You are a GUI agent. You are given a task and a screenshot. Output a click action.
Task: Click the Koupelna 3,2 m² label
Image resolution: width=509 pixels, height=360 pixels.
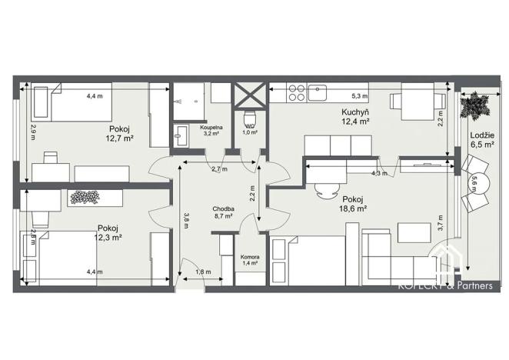pyautogui.click(x=211, y=129)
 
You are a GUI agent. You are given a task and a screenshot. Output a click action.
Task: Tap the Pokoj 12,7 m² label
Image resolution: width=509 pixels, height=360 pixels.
pyautogui.click(x=120, y=134)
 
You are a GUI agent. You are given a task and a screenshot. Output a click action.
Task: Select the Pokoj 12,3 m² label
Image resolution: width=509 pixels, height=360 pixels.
pyautogui.click(x=108, y=232)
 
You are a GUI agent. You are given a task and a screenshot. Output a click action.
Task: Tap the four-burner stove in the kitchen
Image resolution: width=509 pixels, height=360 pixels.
pyautogui.click(x=297, y=94)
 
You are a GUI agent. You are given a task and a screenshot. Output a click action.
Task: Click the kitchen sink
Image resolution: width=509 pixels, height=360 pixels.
pyautogui.click(x=318, y=94)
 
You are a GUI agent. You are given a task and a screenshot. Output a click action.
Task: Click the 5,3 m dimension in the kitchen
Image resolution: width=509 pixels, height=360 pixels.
pyautogui.click(x=360, y=96)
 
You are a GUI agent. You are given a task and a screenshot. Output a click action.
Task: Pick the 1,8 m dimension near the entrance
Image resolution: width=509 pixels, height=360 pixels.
pyautogui.click(x=202, y=272)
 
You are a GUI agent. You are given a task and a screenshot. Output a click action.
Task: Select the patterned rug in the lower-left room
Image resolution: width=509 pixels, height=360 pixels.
pyautogui.click(x=85, y=197)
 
